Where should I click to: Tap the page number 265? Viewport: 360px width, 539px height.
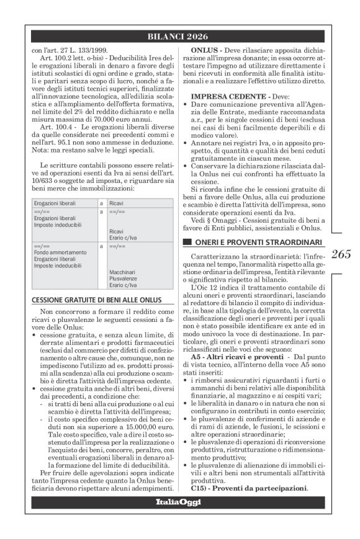click(340, 253)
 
